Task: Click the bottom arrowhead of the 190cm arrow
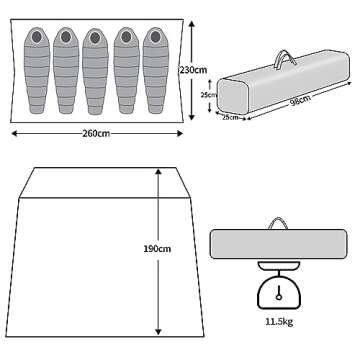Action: [x=158, y=332]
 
